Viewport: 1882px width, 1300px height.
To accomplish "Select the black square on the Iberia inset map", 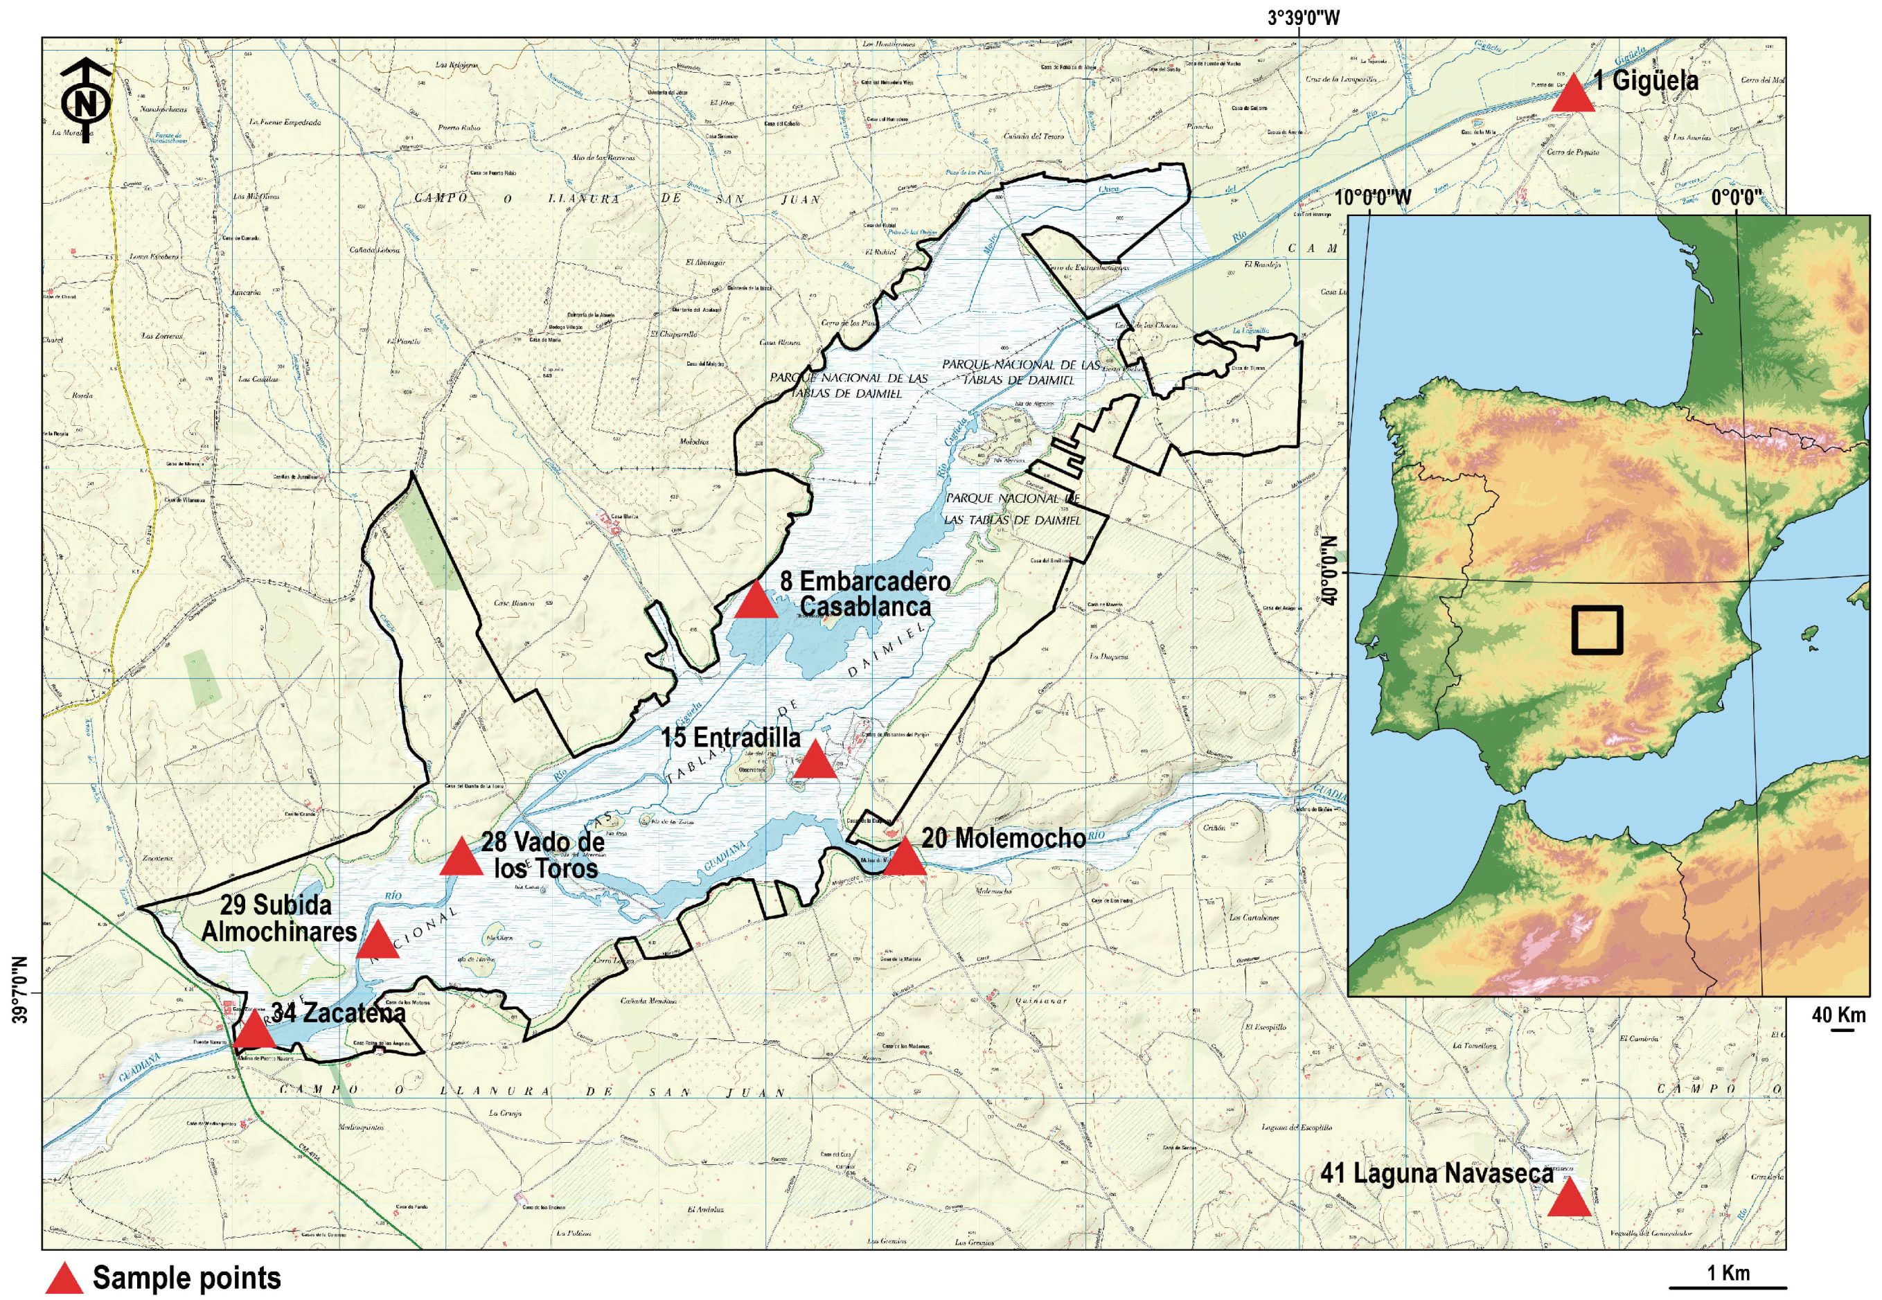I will click(x=1596, y=630).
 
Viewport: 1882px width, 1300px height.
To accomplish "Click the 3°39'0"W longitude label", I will click(x=1302, y=17).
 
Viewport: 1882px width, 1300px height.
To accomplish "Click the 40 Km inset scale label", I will click(x=1839, y=1016).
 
